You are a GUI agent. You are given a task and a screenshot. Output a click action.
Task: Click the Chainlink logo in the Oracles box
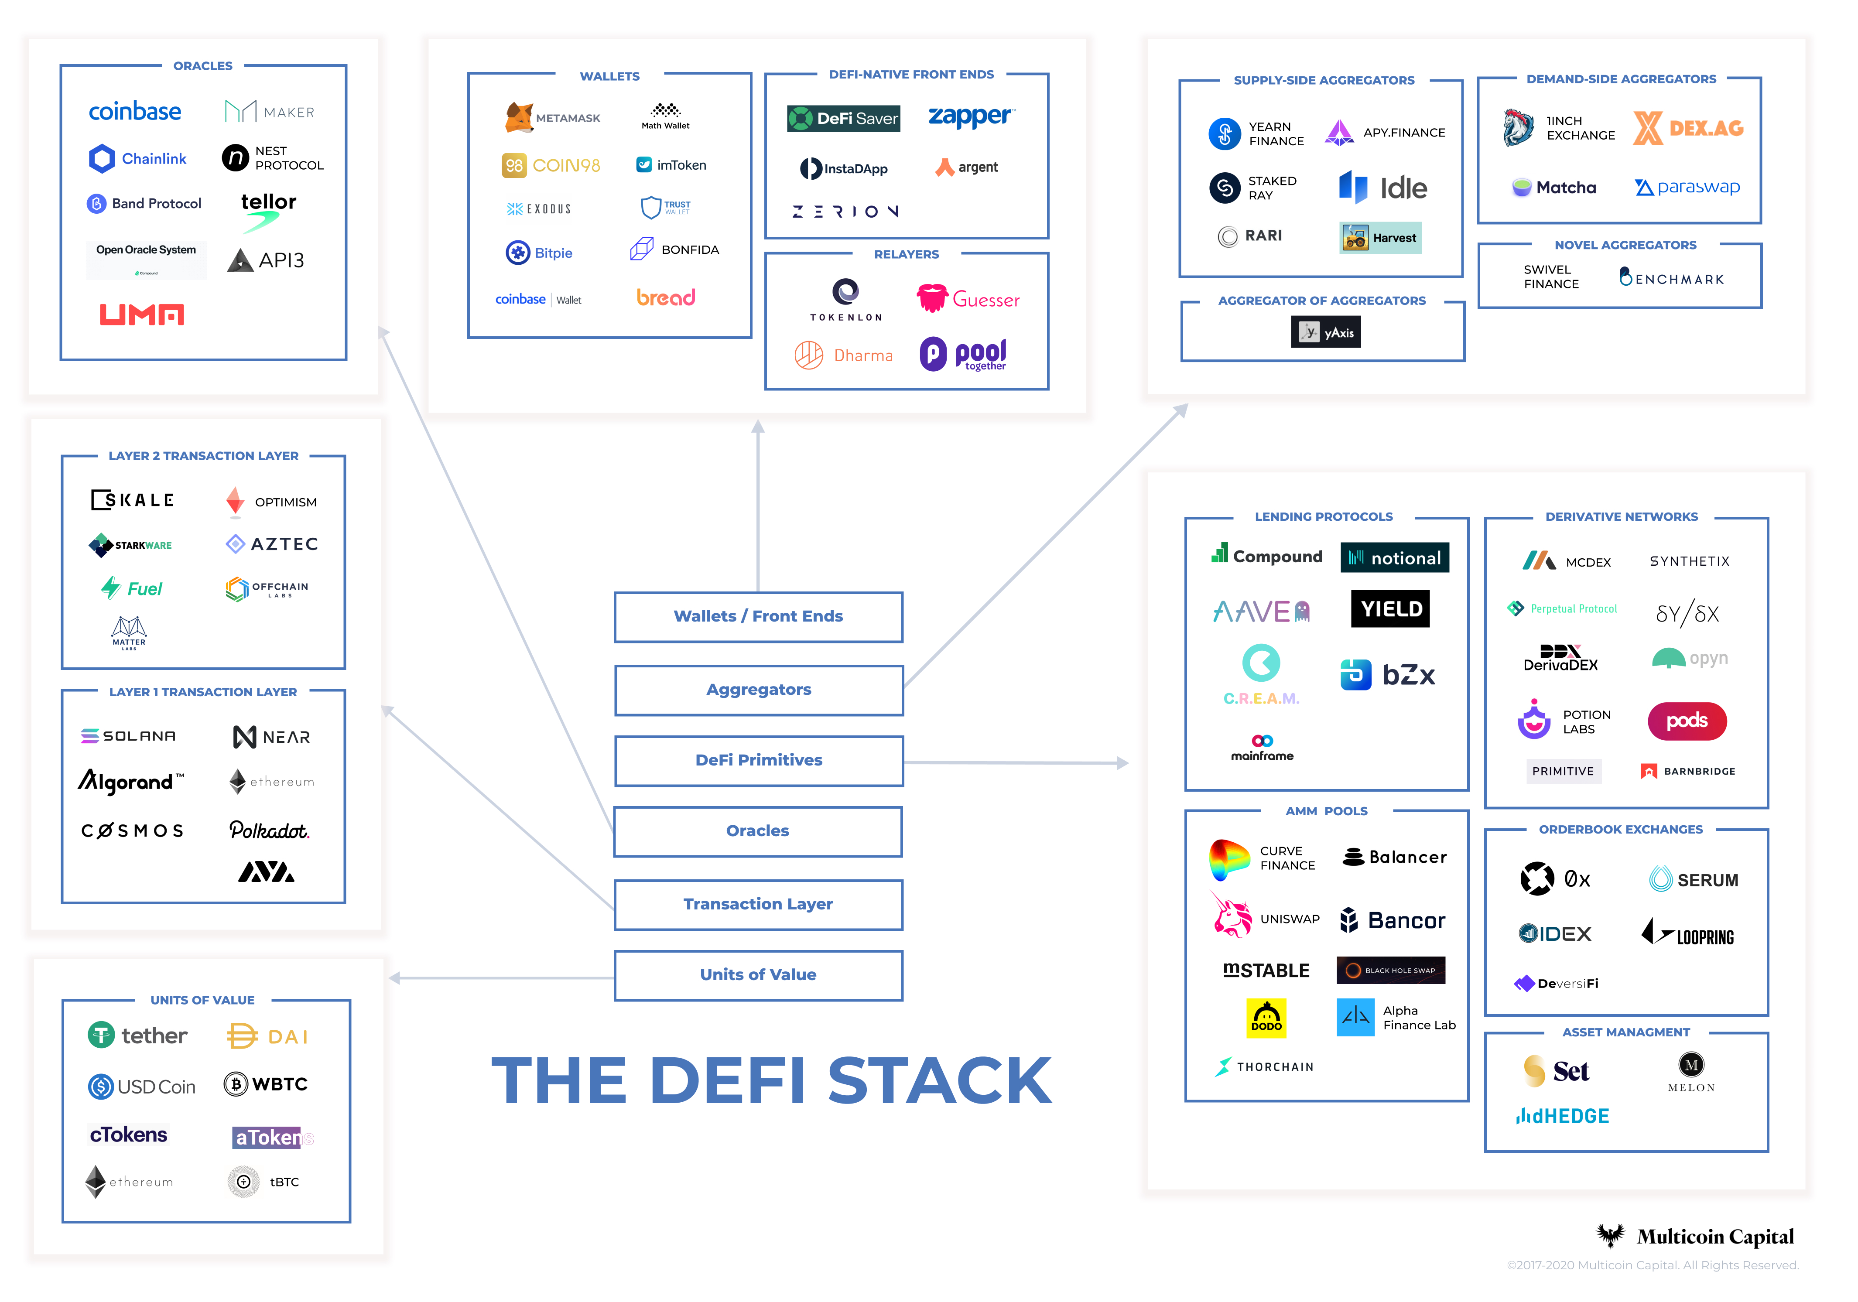(x=137, y=159)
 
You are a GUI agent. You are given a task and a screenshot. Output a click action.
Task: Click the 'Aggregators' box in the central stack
(x=758, y=690)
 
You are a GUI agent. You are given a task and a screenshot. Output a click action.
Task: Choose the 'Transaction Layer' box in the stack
(x=758, y=904)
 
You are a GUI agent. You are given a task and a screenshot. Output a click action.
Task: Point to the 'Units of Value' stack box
(x=758, y=974)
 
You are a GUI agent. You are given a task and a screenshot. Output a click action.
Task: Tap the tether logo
(x=137, y=1036)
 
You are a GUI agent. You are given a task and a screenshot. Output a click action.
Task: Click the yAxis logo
(x=1325, y=332)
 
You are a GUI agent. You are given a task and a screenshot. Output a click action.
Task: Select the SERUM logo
(x=1693, y=880)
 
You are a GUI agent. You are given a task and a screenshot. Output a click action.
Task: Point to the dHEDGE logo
(x=1562, y=1117)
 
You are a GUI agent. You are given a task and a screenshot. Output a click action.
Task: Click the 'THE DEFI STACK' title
(x=771, y=1081)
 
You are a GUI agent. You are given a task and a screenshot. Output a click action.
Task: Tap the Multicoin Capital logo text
(x=1714, y=1237)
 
